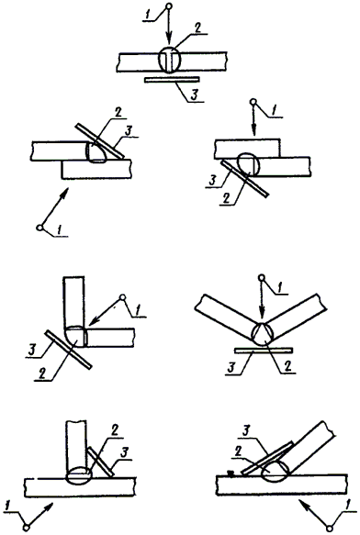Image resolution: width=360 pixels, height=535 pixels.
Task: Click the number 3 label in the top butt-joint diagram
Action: [195, 95]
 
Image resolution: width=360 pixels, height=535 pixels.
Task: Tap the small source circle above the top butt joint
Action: [169, 6]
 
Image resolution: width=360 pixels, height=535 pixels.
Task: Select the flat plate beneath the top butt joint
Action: [172, 80]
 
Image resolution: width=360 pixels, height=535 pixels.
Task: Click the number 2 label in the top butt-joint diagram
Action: [197, 28]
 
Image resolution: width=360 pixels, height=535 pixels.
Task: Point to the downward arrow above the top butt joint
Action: [169, 28]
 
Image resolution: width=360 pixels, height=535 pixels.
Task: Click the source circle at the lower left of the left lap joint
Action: [40, 228]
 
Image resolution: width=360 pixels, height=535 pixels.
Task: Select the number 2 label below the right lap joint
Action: [226, 198]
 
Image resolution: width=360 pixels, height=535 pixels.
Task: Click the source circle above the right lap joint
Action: [253, 102]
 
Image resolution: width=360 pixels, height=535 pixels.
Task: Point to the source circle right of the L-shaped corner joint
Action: [122, 297]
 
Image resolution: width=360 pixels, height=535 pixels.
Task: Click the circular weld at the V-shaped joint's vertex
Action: [262, 333]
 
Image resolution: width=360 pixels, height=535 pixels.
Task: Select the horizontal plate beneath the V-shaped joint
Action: [264, 350]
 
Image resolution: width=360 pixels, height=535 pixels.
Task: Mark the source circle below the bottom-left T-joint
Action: [27, 528]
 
